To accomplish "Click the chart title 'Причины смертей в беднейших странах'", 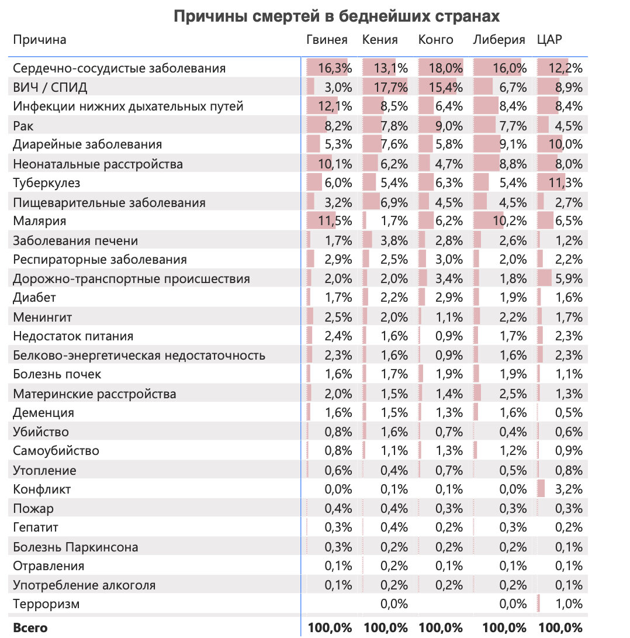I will click(337, 16).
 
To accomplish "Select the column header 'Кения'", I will click(380, 40).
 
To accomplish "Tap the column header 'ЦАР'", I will click(549, 40).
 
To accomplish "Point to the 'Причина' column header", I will click(40, 40).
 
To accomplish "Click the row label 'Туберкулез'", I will click(47, 183).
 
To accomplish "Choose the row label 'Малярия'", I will click(40, 221).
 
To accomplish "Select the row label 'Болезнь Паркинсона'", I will click(76, 547).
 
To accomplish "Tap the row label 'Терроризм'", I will click(46, 604).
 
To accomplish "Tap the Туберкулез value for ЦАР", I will click(566, 183).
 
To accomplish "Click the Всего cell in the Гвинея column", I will click(331, 628).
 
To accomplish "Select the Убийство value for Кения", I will click(394, 432).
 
